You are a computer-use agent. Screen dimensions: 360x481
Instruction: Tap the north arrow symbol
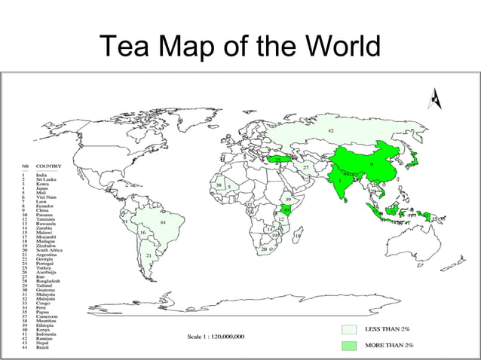point(434,98)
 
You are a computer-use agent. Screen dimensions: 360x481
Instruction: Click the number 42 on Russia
point(330,131)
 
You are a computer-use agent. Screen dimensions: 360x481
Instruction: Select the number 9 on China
point(371,163)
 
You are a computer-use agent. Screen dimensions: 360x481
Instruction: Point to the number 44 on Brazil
point(162,223)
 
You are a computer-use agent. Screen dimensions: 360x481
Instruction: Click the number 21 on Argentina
point(149,256)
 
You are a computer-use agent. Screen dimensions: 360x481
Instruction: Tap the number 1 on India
point(340,181)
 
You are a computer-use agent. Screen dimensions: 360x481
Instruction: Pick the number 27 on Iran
point(306,167)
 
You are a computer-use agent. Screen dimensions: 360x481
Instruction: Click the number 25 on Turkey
point(277,160)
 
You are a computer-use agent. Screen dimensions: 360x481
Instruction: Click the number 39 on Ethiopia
point(288,200)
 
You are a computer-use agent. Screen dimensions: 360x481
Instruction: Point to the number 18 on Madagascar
point(297,236)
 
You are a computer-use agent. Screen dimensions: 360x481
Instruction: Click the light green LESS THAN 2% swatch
point(348,329)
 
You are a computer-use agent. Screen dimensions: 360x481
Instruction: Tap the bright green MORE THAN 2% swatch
point(348,345)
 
